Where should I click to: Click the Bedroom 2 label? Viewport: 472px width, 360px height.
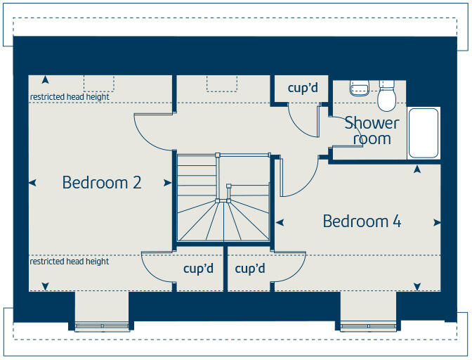click(x=102, y=183)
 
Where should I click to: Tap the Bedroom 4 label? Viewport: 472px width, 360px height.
click(x=362, y=221)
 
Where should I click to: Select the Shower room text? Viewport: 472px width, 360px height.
click(x=372, y=131)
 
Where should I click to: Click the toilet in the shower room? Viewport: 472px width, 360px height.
click(x=386, y=98)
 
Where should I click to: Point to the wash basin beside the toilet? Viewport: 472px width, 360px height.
click(x=360, y=88)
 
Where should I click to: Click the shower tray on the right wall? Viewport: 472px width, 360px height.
click(x=424, y=133)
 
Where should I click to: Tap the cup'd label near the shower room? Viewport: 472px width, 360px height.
click(x=303, y=88)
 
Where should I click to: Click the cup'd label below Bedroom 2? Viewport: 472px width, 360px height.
click(x=198, y=269)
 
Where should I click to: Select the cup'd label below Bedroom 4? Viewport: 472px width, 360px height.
click(x=249, y=269)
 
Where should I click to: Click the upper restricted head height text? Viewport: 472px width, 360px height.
click(x=70, y=97)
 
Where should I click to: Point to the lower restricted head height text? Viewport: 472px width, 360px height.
click(x=70, y=262)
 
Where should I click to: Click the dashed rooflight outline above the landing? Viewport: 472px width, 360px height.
click(x=222, y=83)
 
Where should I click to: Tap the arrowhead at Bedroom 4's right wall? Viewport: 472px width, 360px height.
click(x=437, y=223)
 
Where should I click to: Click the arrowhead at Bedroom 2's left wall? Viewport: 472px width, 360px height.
click(x=32, y=183)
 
